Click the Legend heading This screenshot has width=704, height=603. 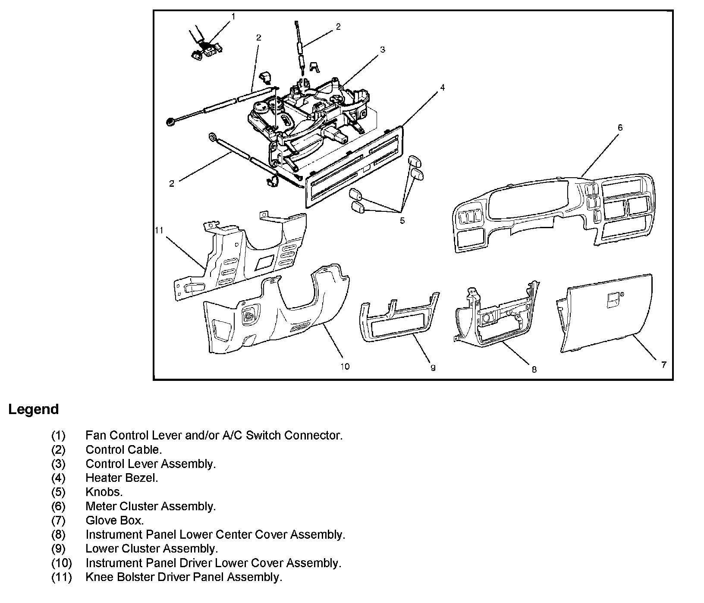[33, 409]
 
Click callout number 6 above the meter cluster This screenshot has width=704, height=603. [620, 128]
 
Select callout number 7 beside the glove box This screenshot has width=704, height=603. [663, 365]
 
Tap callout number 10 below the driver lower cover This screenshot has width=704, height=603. [345, 367]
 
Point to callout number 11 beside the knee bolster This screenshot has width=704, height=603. [159, 230]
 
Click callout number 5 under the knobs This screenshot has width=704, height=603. [402, 221]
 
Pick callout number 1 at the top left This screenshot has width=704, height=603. [233, 16]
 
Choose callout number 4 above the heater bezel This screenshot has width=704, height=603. [442, 88]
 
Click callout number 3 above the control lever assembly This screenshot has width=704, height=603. [382, 50]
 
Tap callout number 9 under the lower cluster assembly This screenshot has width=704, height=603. [433, 367]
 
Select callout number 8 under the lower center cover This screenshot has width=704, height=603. [534, 369]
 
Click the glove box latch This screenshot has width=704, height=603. [613, 300]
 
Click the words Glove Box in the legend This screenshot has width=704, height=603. [114, 521]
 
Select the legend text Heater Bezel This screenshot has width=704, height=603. [122, 478]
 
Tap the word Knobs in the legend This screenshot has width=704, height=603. [104, 492]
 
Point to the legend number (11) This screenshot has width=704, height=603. [62, 577]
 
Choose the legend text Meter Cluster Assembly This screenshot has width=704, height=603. [150, 506]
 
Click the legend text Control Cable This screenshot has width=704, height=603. [123, 449]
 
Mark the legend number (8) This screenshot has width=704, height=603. [58, 535]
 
